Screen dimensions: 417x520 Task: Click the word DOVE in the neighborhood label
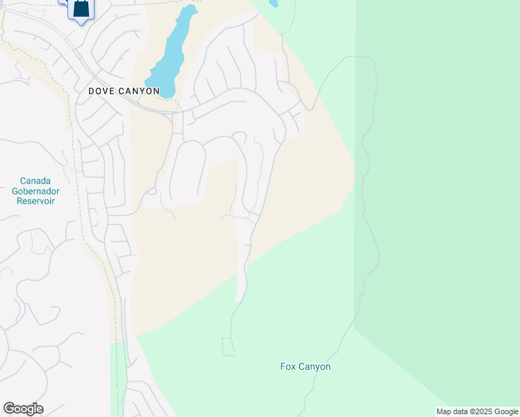pos(101,91)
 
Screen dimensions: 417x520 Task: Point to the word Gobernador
pos(34,190)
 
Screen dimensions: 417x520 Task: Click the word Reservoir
pos(34,201)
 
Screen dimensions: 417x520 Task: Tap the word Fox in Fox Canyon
pos(288,366)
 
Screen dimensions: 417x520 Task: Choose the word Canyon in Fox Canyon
pos(314,366)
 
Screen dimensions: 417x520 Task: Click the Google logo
pos(23,409)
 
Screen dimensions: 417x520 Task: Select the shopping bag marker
pos(81,8)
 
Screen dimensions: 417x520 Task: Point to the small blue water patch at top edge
pos(273,3)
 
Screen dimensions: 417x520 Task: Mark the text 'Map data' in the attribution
pos(452,411)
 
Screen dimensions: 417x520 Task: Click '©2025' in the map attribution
pos(481,411)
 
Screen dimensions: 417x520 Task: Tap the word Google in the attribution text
pos(506,411)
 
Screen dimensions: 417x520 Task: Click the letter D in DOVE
pos(92,91)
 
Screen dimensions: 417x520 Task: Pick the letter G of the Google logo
pos(9,409)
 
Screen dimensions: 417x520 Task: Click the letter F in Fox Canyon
pos(283,366)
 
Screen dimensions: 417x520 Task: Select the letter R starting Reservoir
pos(17,201)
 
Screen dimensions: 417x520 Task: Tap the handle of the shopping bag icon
pos(81,1)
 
